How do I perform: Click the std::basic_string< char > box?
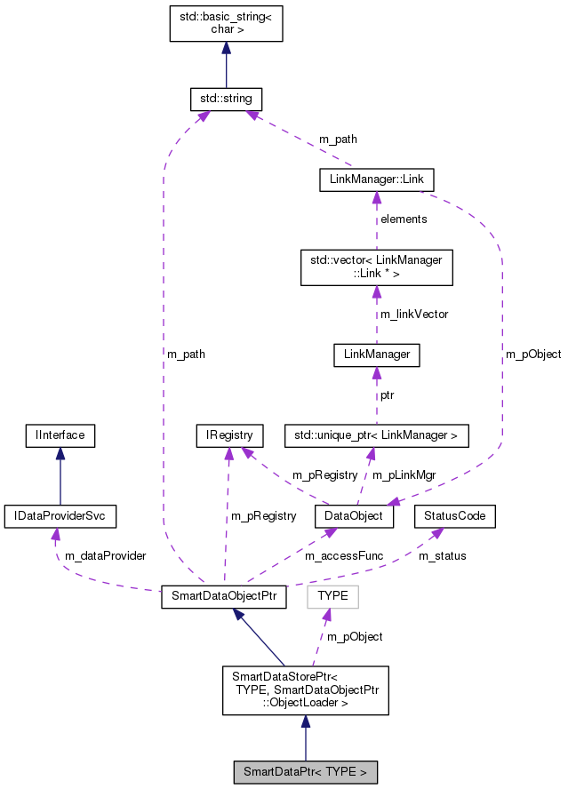(226, 24)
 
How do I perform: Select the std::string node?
(226, 98)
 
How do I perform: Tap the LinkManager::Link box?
(376, 180)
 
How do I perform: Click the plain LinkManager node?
(376, 355)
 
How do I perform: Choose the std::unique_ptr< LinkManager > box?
(376, 435)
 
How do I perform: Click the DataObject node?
(354, 515)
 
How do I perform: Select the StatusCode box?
(455, 515)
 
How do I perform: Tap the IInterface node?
(60, 435)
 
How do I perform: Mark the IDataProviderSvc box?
(60, 515)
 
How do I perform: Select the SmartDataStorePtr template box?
(305, 689)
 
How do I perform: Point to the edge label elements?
(404, 219)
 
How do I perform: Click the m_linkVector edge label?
(413, 314)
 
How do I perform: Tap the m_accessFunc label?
(344, 555)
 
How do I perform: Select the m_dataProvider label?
(105, 555)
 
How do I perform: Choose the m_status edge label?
(442, 555)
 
